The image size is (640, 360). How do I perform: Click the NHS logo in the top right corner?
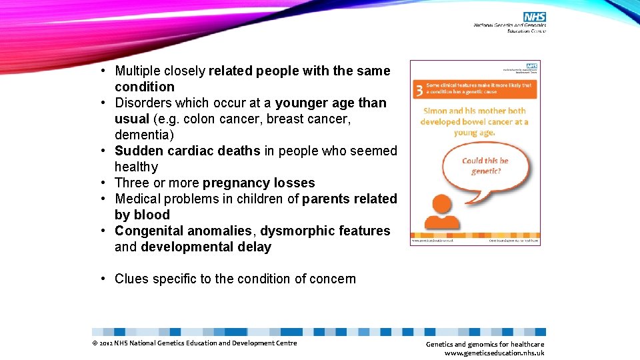coord(534,16)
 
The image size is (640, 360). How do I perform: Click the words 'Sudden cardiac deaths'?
coord(187,151)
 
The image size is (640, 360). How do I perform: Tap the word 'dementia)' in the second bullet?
coord(143,135)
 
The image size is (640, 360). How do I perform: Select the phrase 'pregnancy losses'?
coord(259,183)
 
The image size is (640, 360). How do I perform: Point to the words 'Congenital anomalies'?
coord(183,231)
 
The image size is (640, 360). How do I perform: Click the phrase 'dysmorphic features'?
coord(325,231)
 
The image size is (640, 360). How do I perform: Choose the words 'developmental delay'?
coord(206,247)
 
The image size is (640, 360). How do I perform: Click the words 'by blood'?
coord(142,215)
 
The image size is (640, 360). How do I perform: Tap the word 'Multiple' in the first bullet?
coord(138,71)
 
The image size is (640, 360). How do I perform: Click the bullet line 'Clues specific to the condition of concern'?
coord(235,279)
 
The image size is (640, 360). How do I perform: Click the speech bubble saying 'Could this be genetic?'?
coord(485,165)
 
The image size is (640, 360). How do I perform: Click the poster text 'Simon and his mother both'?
coord(473,111)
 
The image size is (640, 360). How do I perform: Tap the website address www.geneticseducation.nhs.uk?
coord(494,353)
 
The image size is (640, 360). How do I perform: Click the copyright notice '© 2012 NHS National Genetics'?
coord(194,343)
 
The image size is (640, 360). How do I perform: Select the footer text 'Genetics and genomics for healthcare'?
coord(485,344)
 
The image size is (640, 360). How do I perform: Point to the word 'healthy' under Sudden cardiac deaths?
coord(136,167)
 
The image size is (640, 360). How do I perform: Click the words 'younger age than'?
coord(331,103)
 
